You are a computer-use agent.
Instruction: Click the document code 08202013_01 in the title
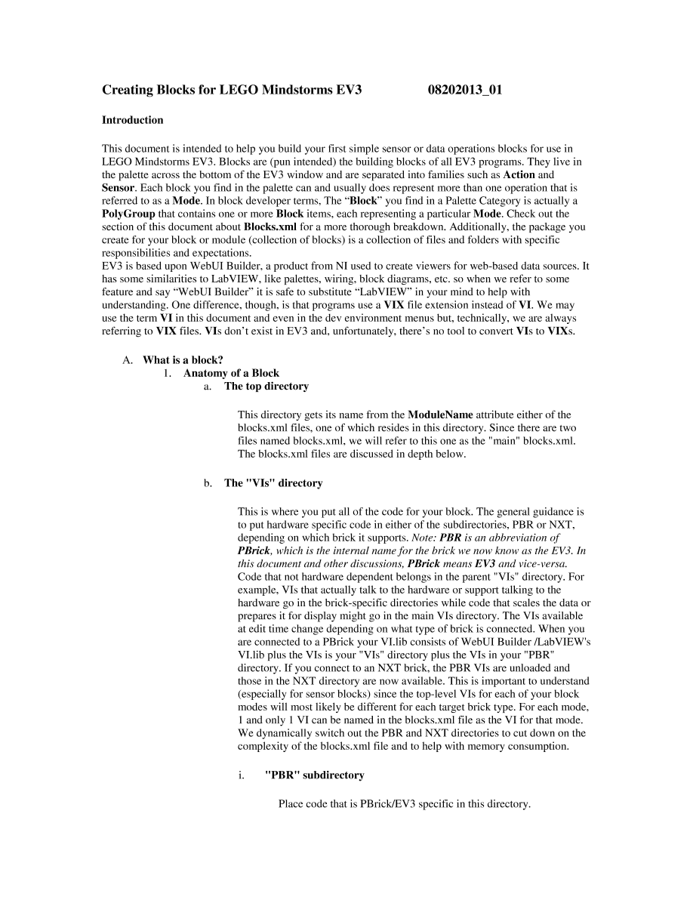point(465,90)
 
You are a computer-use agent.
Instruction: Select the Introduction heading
point(132,120)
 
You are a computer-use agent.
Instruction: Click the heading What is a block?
point(183,360)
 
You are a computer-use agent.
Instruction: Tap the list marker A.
point(127,360)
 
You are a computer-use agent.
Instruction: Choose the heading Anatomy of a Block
point(231,373)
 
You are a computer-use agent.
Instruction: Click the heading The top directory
point(266,386)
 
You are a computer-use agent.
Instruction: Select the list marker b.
point(207,483)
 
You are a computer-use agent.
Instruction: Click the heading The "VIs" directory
point(273,483)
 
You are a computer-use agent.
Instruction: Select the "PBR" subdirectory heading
point(314,775)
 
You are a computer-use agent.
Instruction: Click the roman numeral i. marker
point(242,775)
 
